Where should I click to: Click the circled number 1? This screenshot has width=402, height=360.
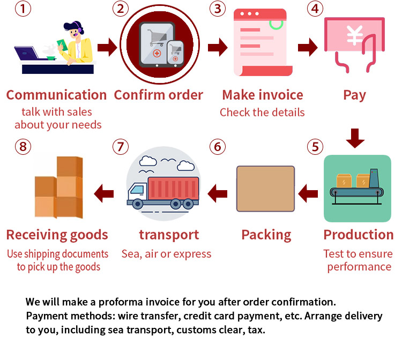(x=23, y=9)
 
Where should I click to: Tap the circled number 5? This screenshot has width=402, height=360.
(x=315, y=147)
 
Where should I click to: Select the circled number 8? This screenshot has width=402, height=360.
(x=23, y=147)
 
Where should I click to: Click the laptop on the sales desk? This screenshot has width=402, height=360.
(x=27, y=53)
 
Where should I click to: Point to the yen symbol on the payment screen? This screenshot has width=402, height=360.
(x=355, y=35)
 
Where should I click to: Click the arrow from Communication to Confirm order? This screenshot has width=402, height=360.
(x=107, y=47)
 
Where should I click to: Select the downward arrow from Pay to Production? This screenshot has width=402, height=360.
(x=355, y=138)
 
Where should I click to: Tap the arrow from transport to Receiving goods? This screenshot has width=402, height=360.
(x=104, y=193)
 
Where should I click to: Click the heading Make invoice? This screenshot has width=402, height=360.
(x=263, y=95)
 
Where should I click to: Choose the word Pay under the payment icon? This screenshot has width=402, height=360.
(x=355, y=95)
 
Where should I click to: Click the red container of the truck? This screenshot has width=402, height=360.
(x=174, y=189)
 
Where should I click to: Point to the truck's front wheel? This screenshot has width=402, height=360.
(x=138, y=204)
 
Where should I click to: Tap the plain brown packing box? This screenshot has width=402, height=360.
(x=265, y=189)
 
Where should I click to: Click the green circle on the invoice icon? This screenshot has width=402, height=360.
(x=276, y=24)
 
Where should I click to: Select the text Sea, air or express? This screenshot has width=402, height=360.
(x=166, y=254)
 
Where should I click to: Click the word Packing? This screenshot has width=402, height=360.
(x=266, y=235)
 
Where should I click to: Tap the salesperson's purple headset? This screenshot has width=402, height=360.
(x=78, y=28)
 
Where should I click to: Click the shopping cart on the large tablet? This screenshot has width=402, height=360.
(x=157, y=37)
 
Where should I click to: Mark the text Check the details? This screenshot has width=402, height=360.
(x=262, y=112)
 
